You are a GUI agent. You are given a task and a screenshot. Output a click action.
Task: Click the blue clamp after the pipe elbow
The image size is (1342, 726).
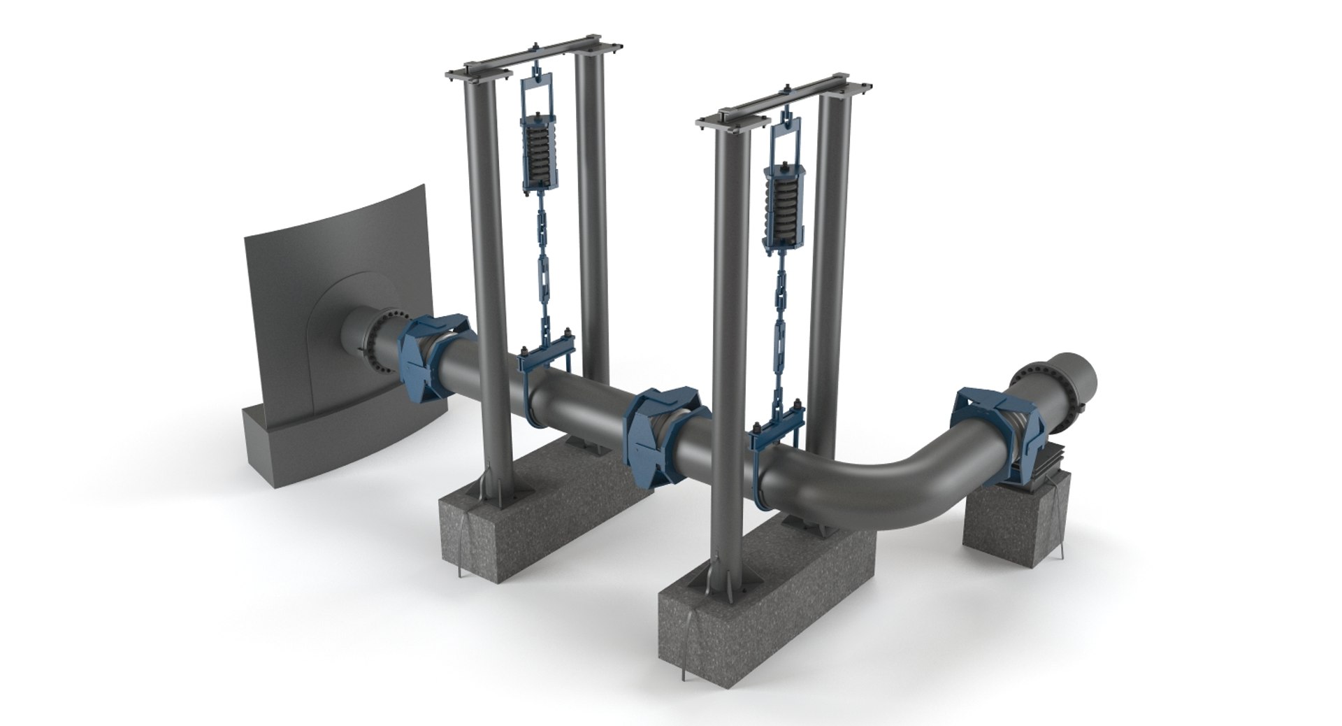click(x=1000, y=437)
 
